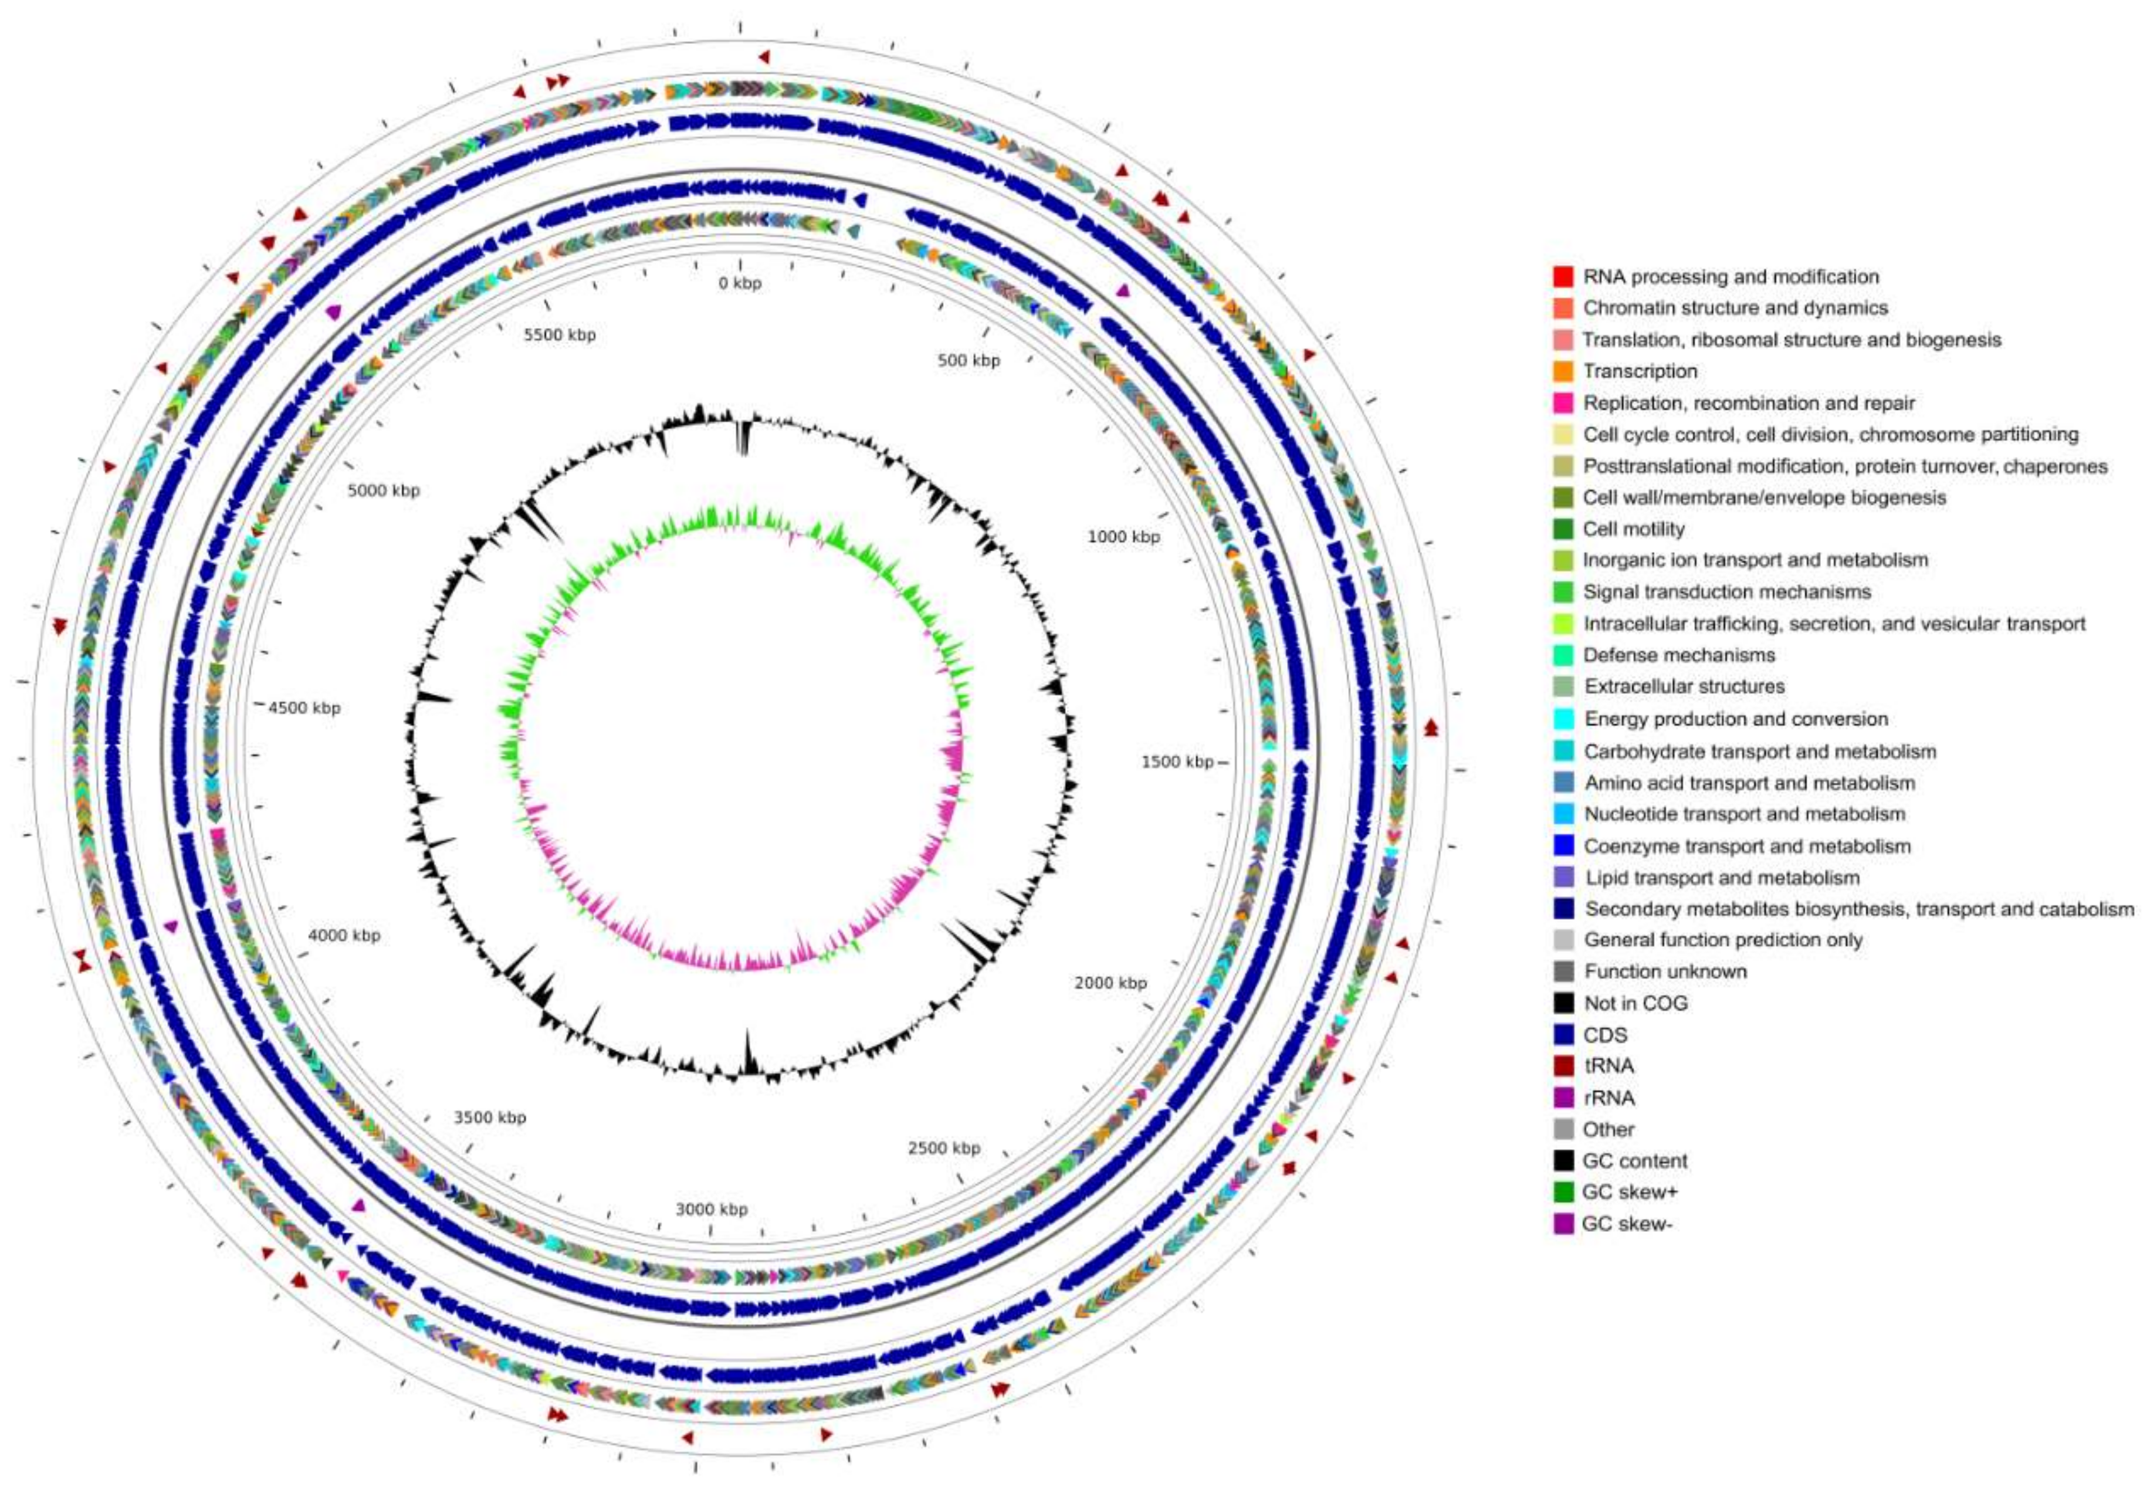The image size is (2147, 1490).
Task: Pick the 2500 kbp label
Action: click(x=944, y=1149)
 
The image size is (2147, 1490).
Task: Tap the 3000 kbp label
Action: click(x=712, y=1209)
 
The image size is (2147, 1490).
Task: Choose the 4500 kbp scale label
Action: click(x=304, y=707)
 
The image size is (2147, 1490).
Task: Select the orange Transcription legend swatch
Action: click(x=1563, y=371)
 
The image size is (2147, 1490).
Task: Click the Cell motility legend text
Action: click(x=1634, y=529)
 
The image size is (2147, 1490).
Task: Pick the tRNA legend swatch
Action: click(x=1563, y=1066)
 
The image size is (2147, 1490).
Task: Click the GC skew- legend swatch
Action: click(x=1563, y=1224)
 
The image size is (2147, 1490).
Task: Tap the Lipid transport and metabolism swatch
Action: click(x=1563, y=878)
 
